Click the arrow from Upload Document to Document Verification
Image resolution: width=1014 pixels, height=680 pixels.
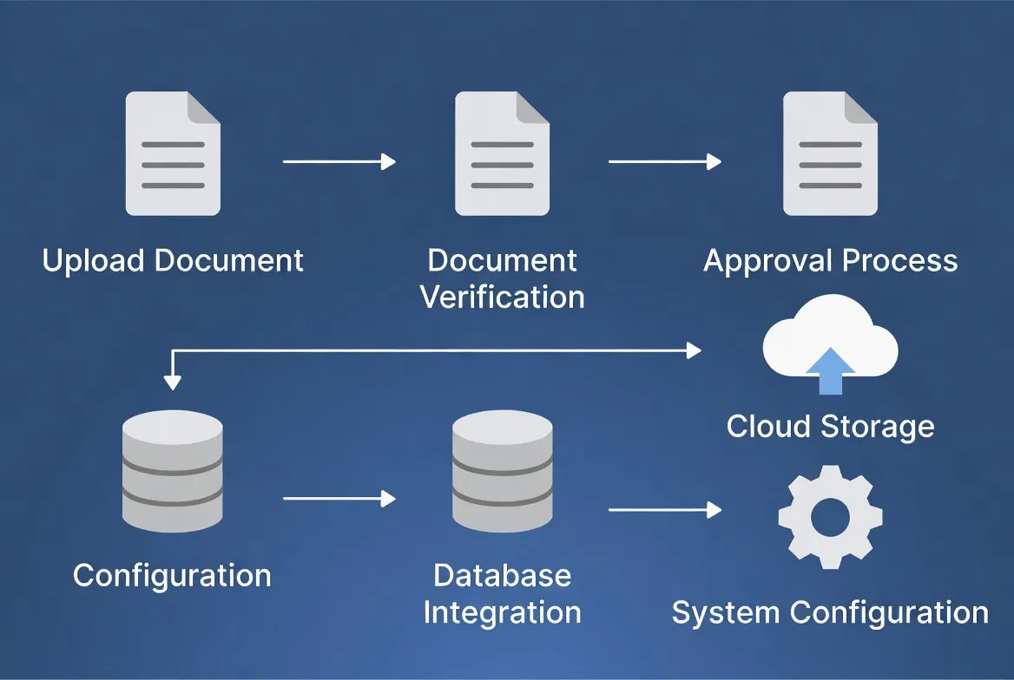click(x=339, y=161)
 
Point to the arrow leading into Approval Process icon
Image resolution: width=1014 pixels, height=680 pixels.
click(x=664, y=161)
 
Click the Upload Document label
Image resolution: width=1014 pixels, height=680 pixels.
click(x=173, y=261)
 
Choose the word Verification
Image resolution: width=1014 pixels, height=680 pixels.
click(x=502, y=297)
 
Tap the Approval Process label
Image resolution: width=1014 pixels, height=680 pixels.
click(x=830, y=261)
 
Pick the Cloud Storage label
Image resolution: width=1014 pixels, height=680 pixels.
click(x=830, y=427)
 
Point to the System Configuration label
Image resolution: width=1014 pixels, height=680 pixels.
click(x=830, y=612)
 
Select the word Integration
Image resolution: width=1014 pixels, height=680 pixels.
click(x=502, y=612)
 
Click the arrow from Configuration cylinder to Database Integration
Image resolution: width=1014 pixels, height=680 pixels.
click(x=339, y=499)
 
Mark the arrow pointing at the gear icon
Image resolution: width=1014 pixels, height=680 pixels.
click(x=664, y=510)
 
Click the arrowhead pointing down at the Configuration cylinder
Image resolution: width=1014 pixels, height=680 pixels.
click(x=173, y=382)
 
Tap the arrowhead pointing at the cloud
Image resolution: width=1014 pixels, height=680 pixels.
click(x=694, y=350)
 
